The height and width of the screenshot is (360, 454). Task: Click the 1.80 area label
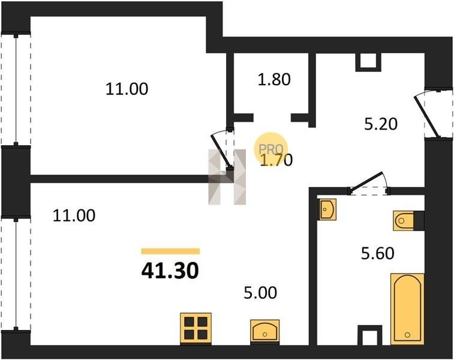[274, 79]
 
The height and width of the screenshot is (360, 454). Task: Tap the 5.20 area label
[380, 124]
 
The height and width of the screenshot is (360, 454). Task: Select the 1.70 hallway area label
[276, 160]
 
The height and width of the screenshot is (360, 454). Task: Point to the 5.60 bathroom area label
[378, 253]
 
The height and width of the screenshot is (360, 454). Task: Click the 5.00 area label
[260, 293]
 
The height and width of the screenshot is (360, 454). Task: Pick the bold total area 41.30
[170, 271]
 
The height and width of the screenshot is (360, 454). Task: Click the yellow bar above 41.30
[170, 251]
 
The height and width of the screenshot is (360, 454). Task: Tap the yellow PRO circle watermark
[270, 149]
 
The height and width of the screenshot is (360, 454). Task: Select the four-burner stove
[196, 329]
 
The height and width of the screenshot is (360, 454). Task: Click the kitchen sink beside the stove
[264, 332]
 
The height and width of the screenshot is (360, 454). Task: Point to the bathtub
[407, 309]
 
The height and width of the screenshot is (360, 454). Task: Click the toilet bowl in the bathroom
[404, 221]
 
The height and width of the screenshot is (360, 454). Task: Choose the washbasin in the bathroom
[327, 209]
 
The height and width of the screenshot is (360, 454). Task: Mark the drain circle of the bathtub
[407, 335]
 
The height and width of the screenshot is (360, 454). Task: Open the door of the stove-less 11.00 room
[221, 151]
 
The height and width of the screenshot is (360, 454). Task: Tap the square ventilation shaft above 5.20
[368, 62]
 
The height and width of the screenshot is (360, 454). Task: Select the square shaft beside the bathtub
[370, 335]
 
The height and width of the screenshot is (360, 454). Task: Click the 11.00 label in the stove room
[74, 216]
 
